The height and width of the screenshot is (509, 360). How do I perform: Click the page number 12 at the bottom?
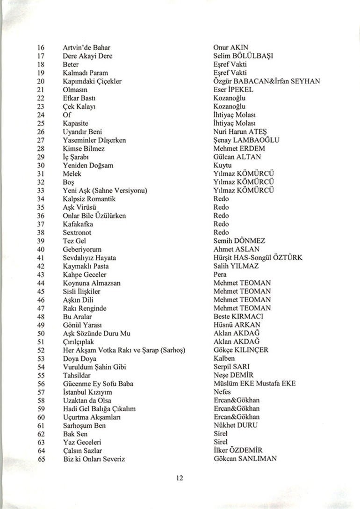(180, 478)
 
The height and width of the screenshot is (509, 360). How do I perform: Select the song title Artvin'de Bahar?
(86, 48)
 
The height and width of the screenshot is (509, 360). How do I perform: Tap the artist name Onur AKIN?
(230, 48)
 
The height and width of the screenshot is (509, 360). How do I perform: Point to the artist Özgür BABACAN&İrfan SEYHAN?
(266, 81)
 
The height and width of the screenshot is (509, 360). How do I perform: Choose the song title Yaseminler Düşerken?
(94, 140)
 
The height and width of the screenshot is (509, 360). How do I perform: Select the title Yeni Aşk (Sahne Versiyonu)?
(105, 190)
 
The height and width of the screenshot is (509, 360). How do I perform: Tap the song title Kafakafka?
(78, 224)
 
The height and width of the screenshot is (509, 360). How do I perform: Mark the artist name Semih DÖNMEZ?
(239, 241)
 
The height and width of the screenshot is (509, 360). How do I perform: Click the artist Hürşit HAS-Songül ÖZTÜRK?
(258, 258)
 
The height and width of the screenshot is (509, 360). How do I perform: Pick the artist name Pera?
(220, 275)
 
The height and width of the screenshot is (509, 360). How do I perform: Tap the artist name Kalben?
(224, 358)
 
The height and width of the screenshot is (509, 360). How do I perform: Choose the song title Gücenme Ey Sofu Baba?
(98, 384)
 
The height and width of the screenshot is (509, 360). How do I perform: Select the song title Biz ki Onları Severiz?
(94, 459)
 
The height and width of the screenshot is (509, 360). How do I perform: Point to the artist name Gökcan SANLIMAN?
(245, 459)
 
